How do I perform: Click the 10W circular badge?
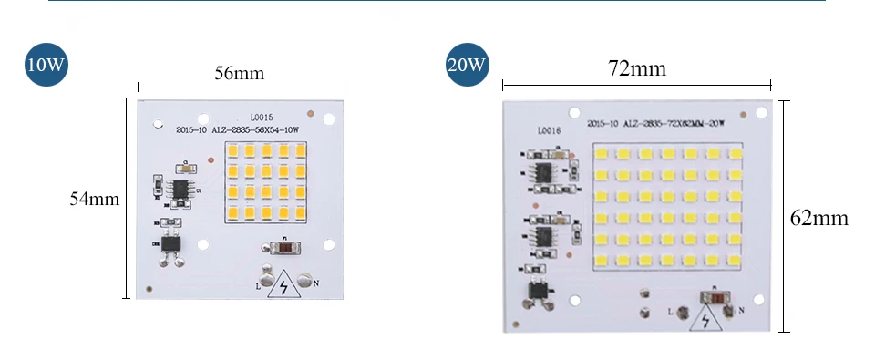tap(46, 65)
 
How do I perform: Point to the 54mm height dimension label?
tap(95, 199)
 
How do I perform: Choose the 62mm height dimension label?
tap(819, 219)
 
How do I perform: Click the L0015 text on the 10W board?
tap(262, 118)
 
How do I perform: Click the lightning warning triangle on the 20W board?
tap(707, 321)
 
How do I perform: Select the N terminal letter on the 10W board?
tap(316, 283)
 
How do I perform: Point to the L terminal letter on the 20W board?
tap(671, 312)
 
